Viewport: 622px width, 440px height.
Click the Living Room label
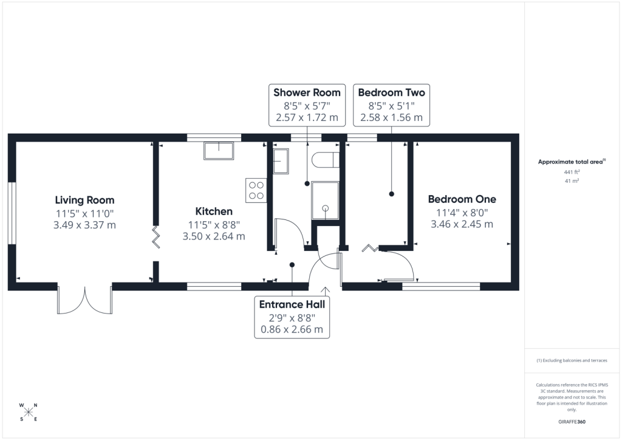[84, 201]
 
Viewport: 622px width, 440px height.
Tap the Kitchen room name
[214, 211]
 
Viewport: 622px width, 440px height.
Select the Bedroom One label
[462, 199]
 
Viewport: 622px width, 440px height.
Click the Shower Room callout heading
[307, 92]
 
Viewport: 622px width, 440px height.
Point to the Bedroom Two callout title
[392, 92]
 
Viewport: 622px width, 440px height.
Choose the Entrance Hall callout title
[292, 304]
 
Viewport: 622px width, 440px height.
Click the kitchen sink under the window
[219, 150]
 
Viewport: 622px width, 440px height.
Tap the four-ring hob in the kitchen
[256, 190]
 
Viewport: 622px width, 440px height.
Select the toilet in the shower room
[326, 160]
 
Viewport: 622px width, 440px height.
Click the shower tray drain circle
[326, 208]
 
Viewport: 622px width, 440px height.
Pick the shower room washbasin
[281, 161]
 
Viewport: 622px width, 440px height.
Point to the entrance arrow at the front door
[326, 292]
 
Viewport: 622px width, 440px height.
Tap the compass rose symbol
[28, 412]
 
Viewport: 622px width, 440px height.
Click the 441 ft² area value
[572, 172]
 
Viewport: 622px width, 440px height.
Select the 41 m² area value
[572, 181]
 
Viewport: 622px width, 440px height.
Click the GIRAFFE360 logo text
[572, 422]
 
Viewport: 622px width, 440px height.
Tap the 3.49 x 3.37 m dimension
[84, 225]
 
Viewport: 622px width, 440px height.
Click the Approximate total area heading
[572, 162]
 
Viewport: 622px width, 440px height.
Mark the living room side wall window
[12, 213]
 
